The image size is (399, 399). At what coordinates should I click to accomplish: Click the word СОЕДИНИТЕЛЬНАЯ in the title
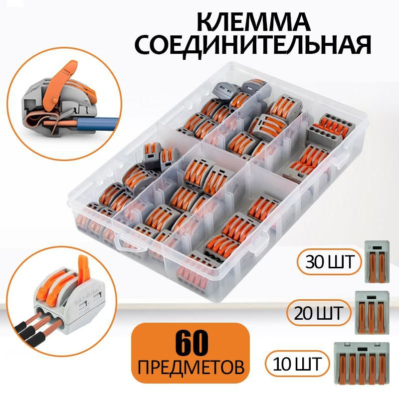pos(253,45)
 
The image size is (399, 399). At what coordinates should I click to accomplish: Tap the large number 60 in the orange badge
pos(191,343)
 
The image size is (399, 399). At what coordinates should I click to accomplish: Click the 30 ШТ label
pos(330,261)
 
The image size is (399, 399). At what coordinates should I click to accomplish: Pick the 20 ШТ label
pos(319,313)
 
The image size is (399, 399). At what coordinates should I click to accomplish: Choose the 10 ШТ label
pos(297,364)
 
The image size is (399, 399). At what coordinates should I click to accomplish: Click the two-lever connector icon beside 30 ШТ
pos(377,262)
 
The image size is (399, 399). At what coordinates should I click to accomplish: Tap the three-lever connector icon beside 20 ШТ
pos(372,313)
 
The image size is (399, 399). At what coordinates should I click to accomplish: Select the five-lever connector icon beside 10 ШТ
pos(362,363)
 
